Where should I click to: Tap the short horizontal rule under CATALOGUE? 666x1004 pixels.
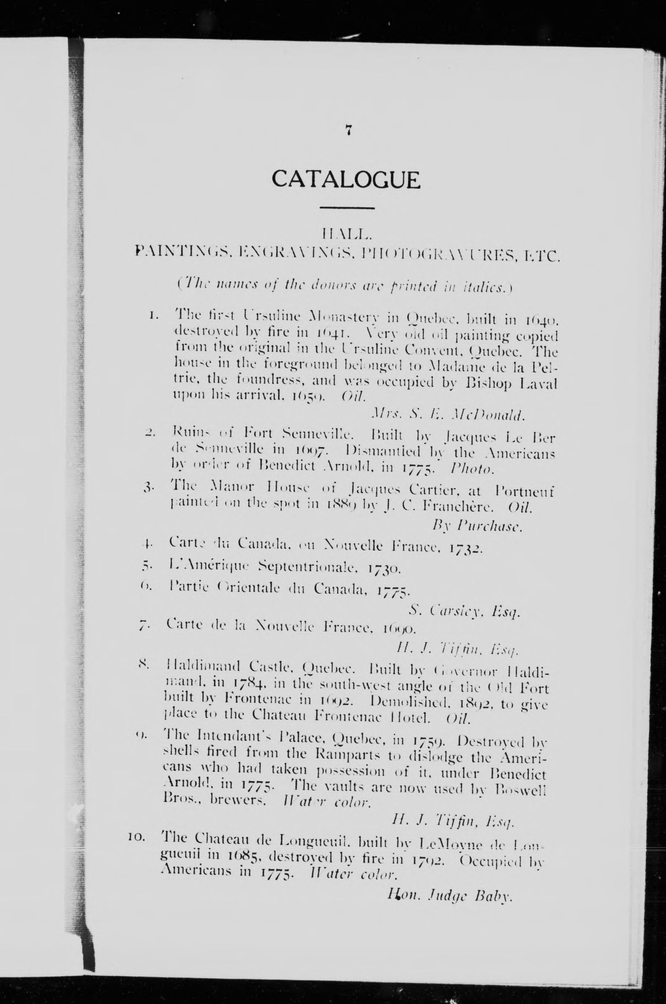tap(347, 208)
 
